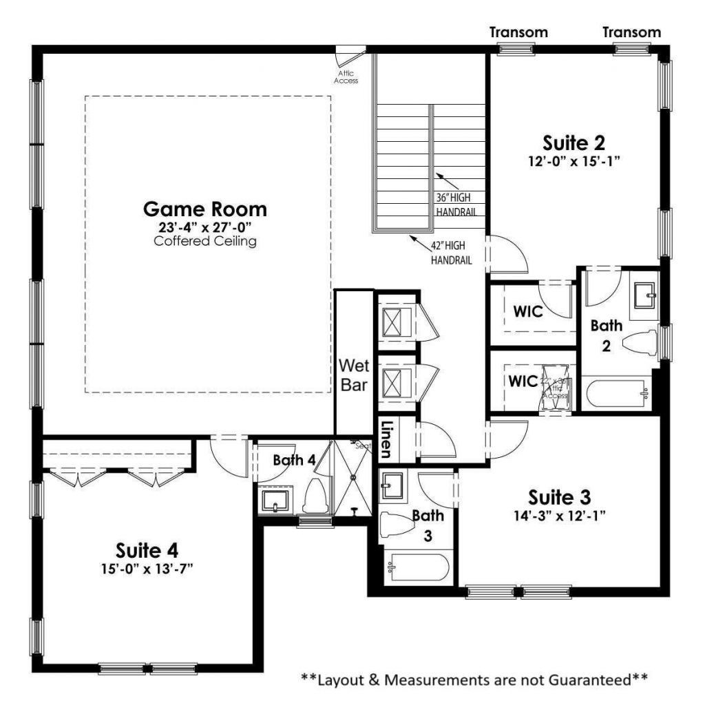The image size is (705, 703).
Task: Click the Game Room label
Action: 204,208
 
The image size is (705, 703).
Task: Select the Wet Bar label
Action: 354,375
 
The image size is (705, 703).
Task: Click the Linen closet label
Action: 387,439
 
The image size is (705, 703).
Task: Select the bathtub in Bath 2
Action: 616,394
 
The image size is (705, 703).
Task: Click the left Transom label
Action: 518,32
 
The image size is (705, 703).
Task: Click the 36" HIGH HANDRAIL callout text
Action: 456,205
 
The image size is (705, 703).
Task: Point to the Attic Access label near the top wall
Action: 346,76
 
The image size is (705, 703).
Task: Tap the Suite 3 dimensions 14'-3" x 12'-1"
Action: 560,514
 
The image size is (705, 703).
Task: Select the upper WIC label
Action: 528,311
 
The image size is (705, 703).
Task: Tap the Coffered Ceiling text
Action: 204,242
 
